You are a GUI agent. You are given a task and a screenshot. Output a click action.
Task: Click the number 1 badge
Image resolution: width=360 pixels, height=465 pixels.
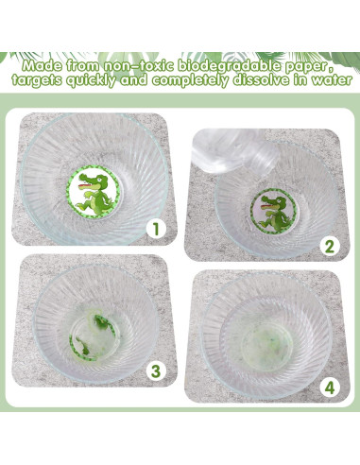tap(156, 229)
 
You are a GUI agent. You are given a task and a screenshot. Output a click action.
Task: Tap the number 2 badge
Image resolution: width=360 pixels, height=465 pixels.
tap(329, 246)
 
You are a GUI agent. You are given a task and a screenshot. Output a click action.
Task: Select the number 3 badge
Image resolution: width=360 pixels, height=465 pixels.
tap(156, 370)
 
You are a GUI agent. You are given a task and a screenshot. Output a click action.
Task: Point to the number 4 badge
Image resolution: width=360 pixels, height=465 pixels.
tap(329, 387)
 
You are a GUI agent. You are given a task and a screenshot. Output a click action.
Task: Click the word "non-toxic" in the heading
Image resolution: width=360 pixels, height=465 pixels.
tap(139, 66)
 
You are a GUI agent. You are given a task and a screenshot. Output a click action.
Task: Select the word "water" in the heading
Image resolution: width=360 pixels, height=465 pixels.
tap(332, 80)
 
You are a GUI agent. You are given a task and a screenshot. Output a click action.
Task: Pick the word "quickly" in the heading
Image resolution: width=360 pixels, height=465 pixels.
tap(91, 80)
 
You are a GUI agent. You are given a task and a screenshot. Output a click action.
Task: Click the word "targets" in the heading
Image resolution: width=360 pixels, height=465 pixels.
tap(37, 80)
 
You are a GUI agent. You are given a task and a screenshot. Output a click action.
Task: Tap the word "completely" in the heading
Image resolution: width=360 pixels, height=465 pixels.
tap(190, 80)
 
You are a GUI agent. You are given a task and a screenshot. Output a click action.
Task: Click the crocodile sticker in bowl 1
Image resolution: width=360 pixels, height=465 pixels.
tap(94, 191)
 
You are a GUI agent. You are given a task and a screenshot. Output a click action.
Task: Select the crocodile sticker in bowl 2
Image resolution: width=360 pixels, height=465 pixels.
tap(273, 211)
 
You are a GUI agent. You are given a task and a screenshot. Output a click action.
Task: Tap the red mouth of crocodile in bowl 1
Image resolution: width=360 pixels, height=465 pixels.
tap(86, 186)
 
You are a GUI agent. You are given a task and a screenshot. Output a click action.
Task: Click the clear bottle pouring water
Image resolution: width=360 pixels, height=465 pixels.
tap(234, 152)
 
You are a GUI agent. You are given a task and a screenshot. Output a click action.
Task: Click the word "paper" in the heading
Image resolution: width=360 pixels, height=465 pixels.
tap(307, 67)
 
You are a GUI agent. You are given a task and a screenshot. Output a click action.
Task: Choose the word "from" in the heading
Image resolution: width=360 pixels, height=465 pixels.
tap(83, 66)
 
